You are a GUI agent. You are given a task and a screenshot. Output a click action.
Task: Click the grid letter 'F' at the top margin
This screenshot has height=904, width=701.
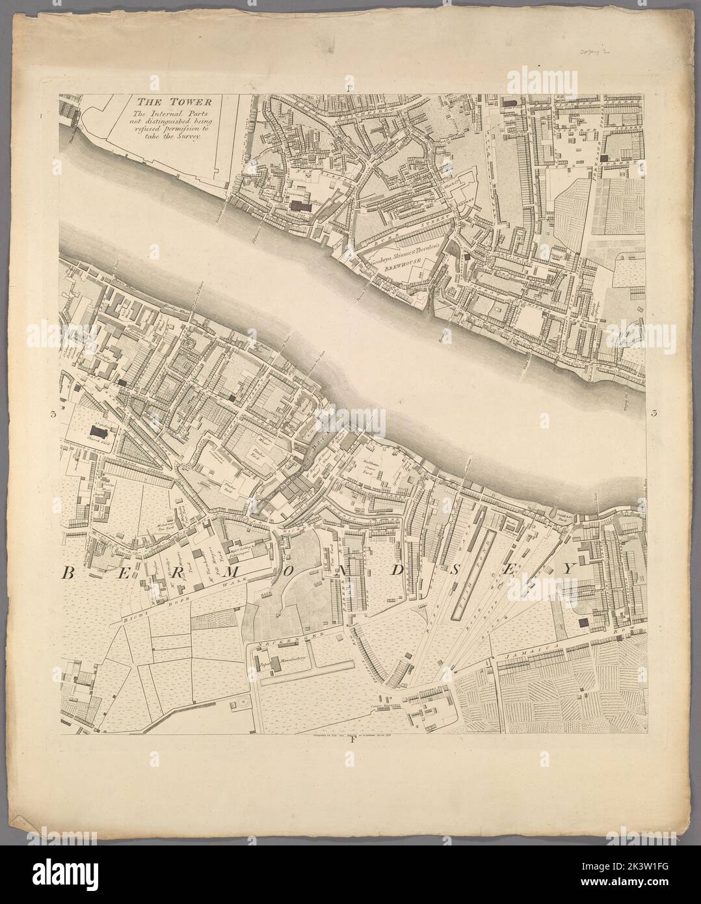click(x=350, y=86)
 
